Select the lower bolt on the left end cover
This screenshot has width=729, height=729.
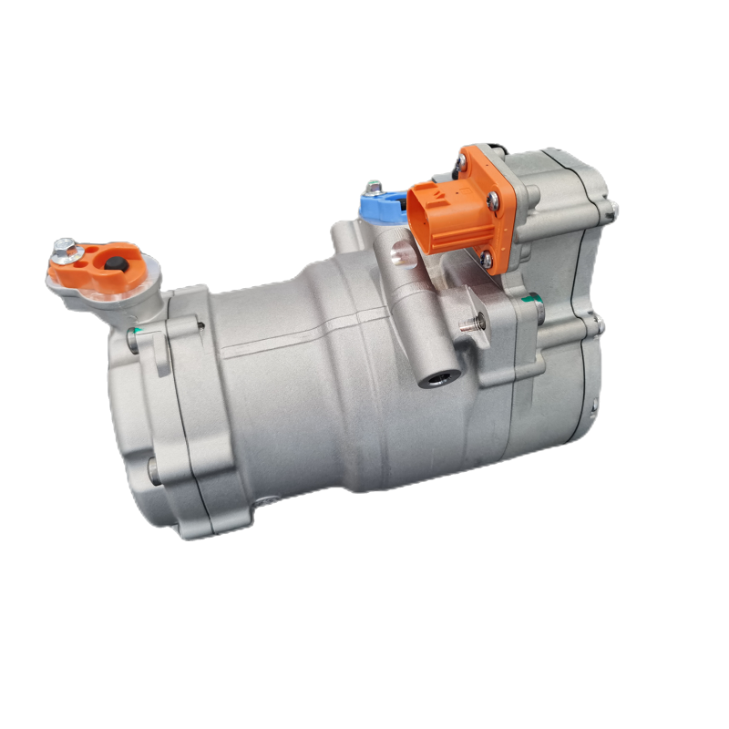pos(153,470)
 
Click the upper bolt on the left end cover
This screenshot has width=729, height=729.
pos(133,342)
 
